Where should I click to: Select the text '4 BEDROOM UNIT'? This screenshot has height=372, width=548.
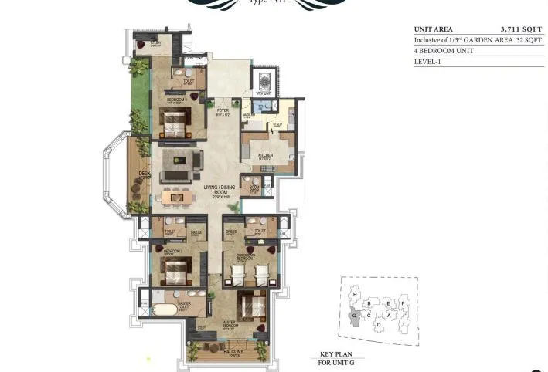(x=443, y=51)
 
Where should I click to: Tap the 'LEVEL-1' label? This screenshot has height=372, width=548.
(x=427, y=63)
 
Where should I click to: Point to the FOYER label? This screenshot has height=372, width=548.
(x=223, y=110)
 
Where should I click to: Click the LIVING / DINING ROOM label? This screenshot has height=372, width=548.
(x=218, y=190)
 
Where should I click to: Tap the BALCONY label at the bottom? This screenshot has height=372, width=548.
(x=233, y=352)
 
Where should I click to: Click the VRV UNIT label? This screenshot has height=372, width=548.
(x=264, y=93)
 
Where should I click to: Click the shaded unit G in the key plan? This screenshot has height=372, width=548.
(x=355, y=315)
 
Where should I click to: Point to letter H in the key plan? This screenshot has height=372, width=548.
(x=355, y=294)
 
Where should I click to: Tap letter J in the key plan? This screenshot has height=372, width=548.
(x=403, y=326)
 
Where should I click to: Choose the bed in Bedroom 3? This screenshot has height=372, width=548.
(x=175, y=269)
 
